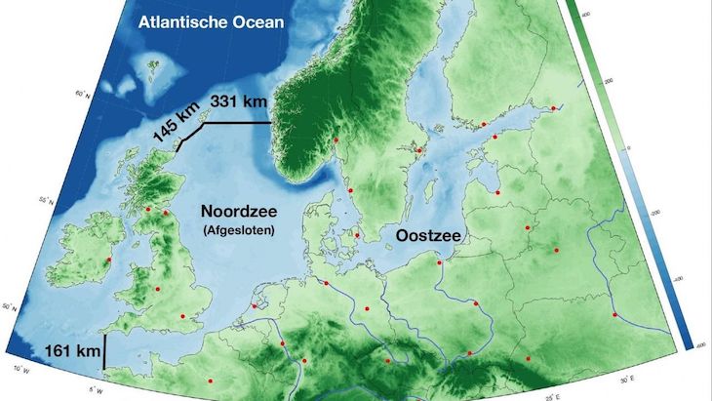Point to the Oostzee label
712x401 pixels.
click(x=428, y=236)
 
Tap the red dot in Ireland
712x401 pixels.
click(x=107, y=260)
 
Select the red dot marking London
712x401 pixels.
click(x=181, y=317)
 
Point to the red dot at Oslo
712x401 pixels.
click(x=336, y=140)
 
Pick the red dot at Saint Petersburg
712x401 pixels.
click(x=553, y=108)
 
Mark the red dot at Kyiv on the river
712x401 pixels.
click(x=614, y=314)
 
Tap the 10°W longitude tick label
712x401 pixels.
click(x=18, y=369)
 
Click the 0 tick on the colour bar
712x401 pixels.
click(x=627, y=147)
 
